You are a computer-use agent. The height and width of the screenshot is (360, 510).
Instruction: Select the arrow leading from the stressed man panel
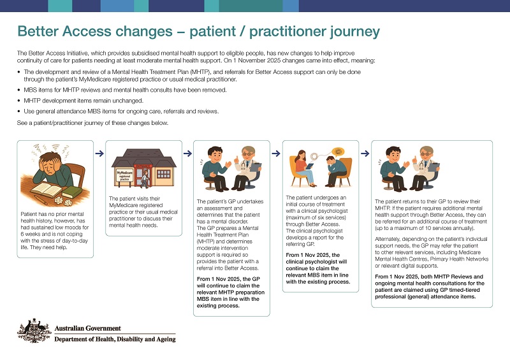pyautogui.click(x=99, y=153)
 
